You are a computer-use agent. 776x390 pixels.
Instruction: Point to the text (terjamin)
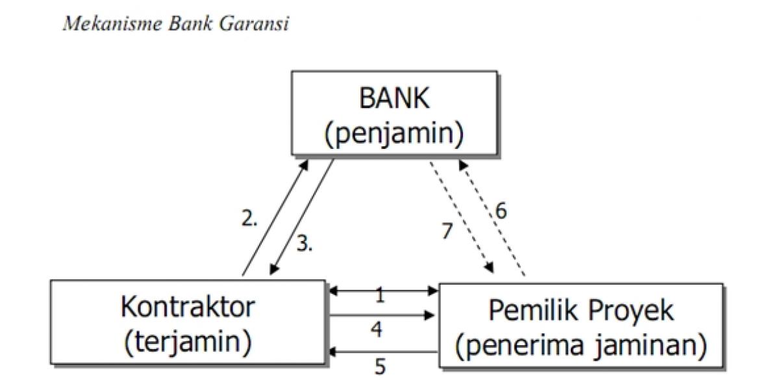[188, 341]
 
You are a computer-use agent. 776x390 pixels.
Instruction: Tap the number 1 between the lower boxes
[381, 296]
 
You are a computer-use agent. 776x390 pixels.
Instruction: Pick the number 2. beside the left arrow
[249, 219]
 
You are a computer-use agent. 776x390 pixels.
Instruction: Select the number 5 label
[380, 367]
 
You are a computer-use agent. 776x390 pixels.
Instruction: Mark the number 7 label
[447, 231]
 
